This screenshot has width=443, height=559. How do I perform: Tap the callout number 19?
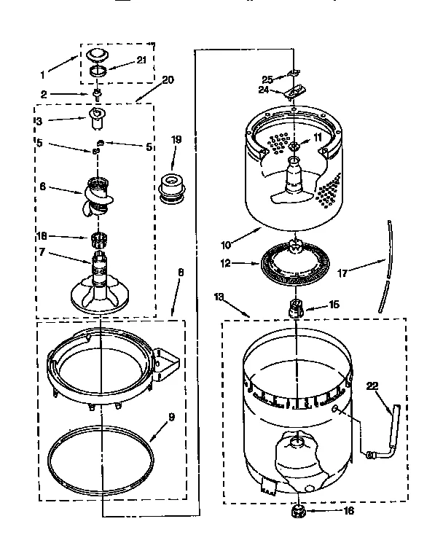point(177,139)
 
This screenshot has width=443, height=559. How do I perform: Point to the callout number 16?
point(348,511)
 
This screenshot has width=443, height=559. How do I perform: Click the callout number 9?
point(172,418)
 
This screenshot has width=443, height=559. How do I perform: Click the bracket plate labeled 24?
point(293,91)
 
